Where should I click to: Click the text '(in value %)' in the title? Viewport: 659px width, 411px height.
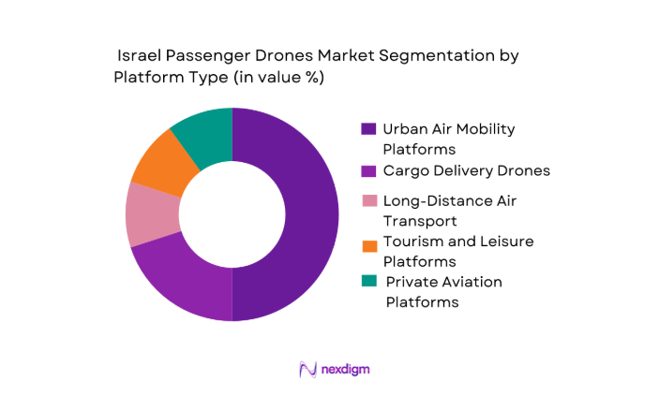pos(277,79)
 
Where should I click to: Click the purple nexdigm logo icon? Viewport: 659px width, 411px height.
pos(306,369)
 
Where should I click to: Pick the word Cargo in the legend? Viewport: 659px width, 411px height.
pos(407,170)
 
